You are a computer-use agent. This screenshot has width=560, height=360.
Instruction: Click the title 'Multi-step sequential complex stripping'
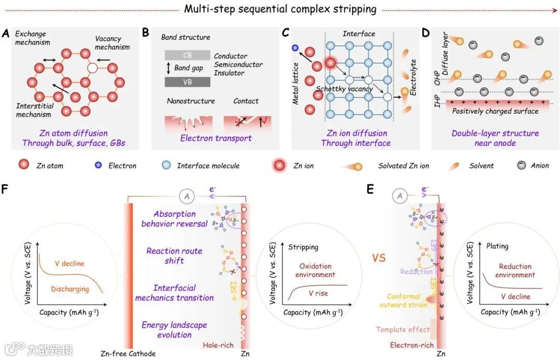click(281, 9)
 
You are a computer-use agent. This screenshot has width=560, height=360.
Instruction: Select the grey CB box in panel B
click(188, 55)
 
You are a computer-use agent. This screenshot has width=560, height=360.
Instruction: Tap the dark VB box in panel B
click(188, 81)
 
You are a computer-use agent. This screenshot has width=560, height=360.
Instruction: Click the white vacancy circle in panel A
click(92, 68)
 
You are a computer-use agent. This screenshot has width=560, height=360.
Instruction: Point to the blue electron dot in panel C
click(295, 48)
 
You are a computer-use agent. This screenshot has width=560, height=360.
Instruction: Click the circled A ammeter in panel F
click(187, 196)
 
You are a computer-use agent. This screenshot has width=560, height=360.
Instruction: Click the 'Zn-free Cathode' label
click(128, 354)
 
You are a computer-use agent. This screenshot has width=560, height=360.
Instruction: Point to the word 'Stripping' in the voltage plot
click(303, 247)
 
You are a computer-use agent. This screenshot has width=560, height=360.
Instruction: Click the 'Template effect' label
click(403, 330)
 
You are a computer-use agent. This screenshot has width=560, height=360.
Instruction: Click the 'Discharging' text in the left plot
click(70, 289)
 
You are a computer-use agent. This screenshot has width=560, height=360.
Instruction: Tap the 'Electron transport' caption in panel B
click(216, 138)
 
